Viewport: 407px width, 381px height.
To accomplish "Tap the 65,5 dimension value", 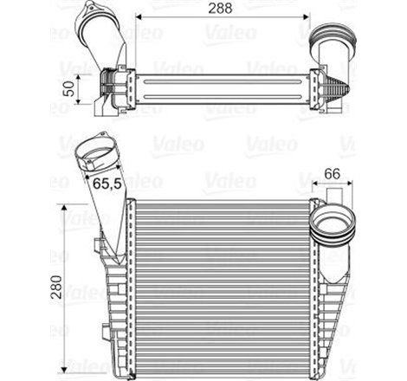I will tap(105, 184).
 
